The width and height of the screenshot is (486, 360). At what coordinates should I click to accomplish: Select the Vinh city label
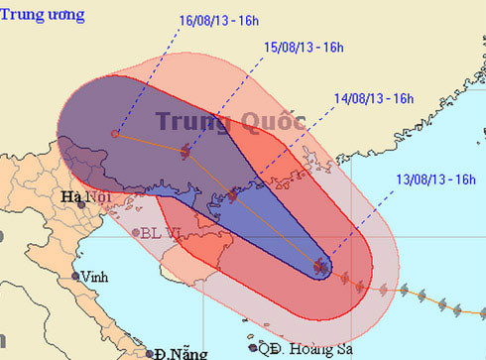[97, 278]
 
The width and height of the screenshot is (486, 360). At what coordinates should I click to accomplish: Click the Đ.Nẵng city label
[174, 352]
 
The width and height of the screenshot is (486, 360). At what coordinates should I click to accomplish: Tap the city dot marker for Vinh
[75, 277]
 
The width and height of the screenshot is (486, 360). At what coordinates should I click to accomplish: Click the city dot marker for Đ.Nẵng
[149, 352]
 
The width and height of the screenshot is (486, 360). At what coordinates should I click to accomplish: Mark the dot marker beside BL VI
[137, 233]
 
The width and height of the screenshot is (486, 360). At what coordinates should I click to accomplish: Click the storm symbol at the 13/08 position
[320, 266]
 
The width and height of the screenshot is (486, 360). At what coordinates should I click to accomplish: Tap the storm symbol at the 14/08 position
[230, 195]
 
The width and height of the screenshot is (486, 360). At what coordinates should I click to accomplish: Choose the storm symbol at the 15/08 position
[186, 152]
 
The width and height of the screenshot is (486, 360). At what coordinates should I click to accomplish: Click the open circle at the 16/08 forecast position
[116, 133]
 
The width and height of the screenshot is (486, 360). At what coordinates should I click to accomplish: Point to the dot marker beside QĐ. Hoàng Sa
[265, 348]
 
